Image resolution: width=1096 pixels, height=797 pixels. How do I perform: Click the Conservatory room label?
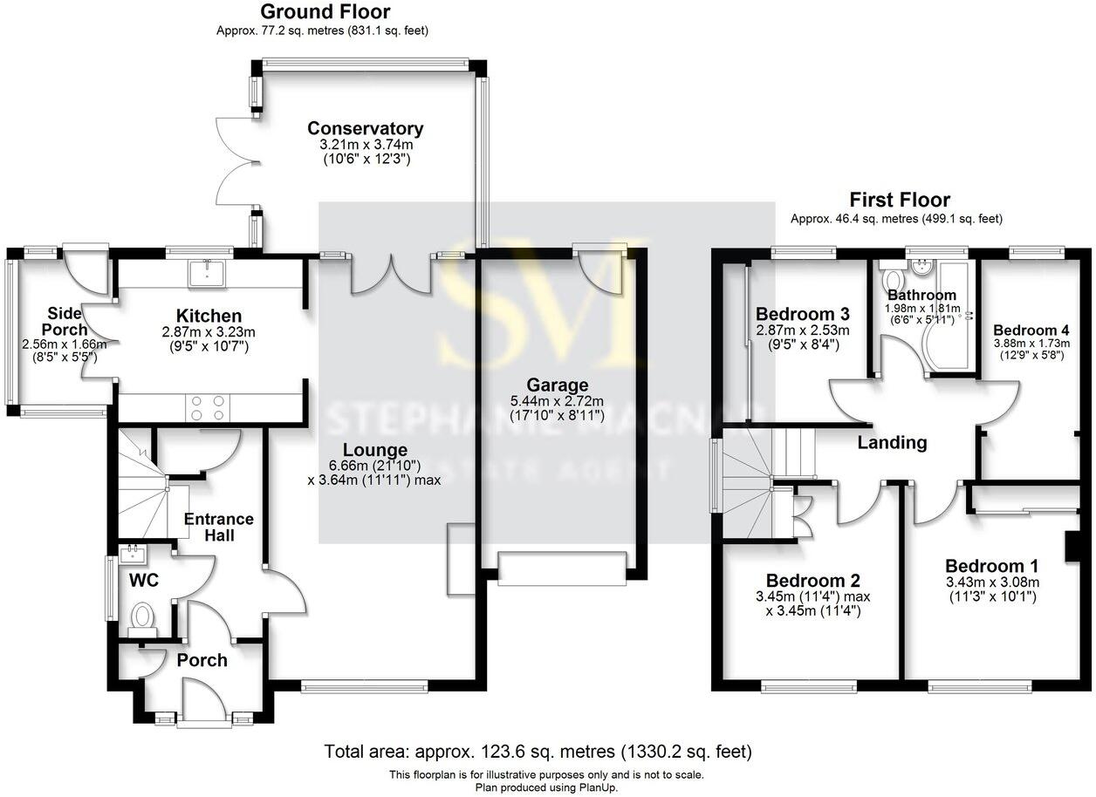pyautogui.click(x=365, y=129)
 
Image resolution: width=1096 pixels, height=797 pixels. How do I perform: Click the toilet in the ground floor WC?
pyautogui.click(x=141, y=618)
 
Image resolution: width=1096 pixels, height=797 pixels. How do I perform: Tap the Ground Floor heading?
pyautogui.click(x=325, y=12)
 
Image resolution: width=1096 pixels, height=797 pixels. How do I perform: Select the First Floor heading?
pyautogui.click(x=900, y=201)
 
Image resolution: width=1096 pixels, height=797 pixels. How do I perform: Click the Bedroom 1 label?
pyautogui.click(x=992, y=565)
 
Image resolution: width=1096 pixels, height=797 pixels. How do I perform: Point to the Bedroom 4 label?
pyautogui.click(x=1031, y=330)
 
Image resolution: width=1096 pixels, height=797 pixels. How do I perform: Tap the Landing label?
pyautogui.click(x=892, y=443)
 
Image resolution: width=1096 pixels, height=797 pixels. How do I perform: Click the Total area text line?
pyautogui.click(x=538, y=751)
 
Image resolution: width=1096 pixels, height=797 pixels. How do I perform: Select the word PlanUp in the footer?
pyautogui.click(x=599, y=787)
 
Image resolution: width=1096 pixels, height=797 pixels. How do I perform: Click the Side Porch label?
pyautogui.click(x=65, y=321)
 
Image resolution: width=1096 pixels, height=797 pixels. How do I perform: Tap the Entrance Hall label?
pyautogui.click(x=219, y=527)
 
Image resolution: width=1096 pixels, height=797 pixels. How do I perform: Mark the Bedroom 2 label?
pyautogui.click(x=813, y=581)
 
